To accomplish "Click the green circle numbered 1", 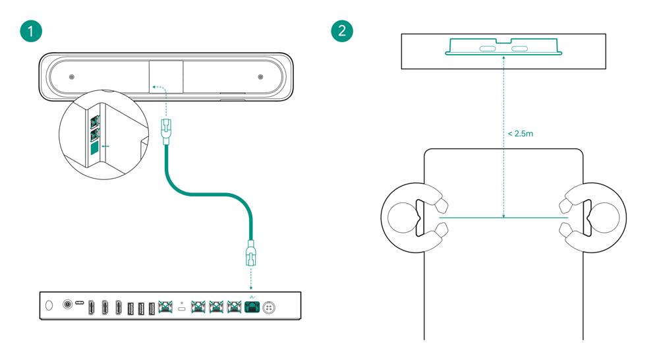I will (x=31, y=31).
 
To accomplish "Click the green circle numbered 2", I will (x=342, y=31).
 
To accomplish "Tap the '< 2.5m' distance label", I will (x=521, y=134).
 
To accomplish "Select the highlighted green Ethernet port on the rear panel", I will (x=252, y=307).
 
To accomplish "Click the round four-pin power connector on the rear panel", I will (x=270, y=307).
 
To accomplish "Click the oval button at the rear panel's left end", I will (x=49, y=305).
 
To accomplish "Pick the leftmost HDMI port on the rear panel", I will (x=92, y=307).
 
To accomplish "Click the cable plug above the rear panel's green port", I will (x=250, y=253).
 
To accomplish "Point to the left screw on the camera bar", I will (x=72, y=77).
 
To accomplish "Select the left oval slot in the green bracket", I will (x=488, y=49).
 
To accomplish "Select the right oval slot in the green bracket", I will (x=520, y=49).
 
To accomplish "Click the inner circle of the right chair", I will (x=605, y=217).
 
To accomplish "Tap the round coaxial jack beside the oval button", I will (x=67, y=305).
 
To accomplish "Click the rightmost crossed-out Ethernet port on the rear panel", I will (x=233, y=307).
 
